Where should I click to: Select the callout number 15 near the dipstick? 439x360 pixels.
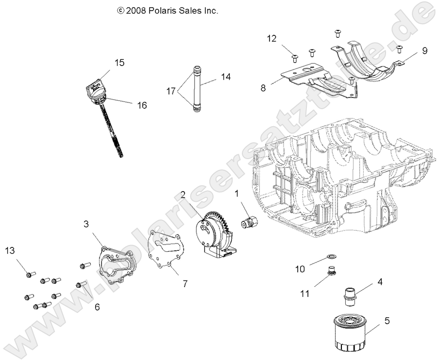tap(119, 63)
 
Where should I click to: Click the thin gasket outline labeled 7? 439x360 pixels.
tap(167, 250)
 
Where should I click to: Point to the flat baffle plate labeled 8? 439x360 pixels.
tap(311, 80)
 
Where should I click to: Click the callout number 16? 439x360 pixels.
tap(141, 105)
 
